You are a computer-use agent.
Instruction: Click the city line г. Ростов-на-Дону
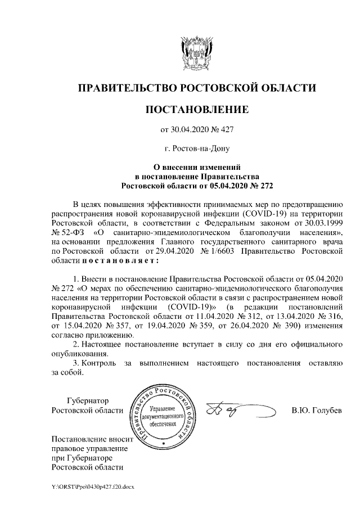pyautogui.click(x=196, y=149)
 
